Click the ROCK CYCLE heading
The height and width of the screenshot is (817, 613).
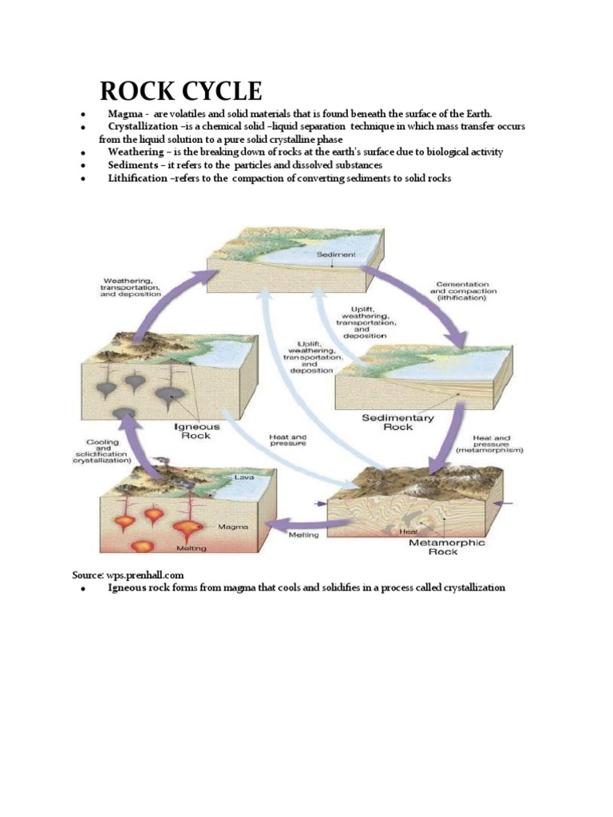(x=180, y=90)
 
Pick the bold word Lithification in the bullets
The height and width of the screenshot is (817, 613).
(x=138, y=178)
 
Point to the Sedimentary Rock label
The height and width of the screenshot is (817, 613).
(x=398, y=422)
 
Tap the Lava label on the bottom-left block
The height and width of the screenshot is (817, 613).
(x=243, y=477)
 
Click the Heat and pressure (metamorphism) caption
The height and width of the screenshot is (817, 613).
(x=497, y=444)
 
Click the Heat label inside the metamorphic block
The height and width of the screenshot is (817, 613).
(x=408, y=531)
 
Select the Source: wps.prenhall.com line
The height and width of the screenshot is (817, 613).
(x=129, y=574)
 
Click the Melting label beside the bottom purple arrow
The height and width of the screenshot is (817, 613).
(x=303, y=535)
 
